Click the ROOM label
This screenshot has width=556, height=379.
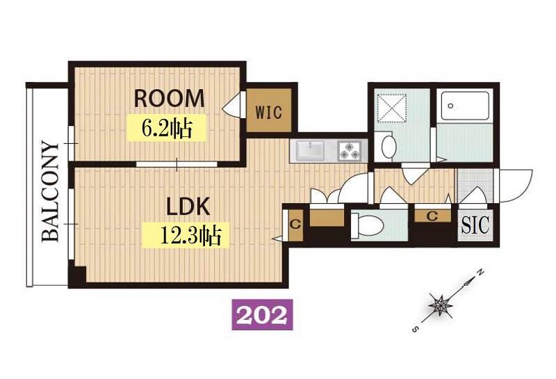[x=169, y=98]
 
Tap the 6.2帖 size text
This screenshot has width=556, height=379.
[x=167, y=128]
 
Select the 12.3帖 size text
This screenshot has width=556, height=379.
[x=190, y=235]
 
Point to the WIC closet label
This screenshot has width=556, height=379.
[x=269, y=113]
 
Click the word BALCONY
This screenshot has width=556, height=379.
[x=50, y=192]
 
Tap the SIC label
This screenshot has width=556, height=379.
[x=475, y=225]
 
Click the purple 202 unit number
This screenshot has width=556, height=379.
[x=262, y=314]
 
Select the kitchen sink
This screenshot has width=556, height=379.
[x=310, y=150]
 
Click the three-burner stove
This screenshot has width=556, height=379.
[x=350, y=150]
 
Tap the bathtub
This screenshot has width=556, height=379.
[x=465, y=106]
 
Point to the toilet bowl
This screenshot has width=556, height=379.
[x=368, y=225]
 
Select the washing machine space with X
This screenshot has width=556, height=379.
[x=391, y=108]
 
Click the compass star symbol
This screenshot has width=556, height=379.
[x=440, y=305]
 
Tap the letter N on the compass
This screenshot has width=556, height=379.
[x=480, y=273]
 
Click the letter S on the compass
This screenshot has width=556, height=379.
[x=416, y=330]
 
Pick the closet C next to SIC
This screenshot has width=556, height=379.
[x=432, y=216]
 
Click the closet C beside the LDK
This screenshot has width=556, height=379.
[x=296, y=225]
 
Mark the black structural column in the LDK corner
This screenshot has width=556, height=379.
[x=77, y=275]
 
